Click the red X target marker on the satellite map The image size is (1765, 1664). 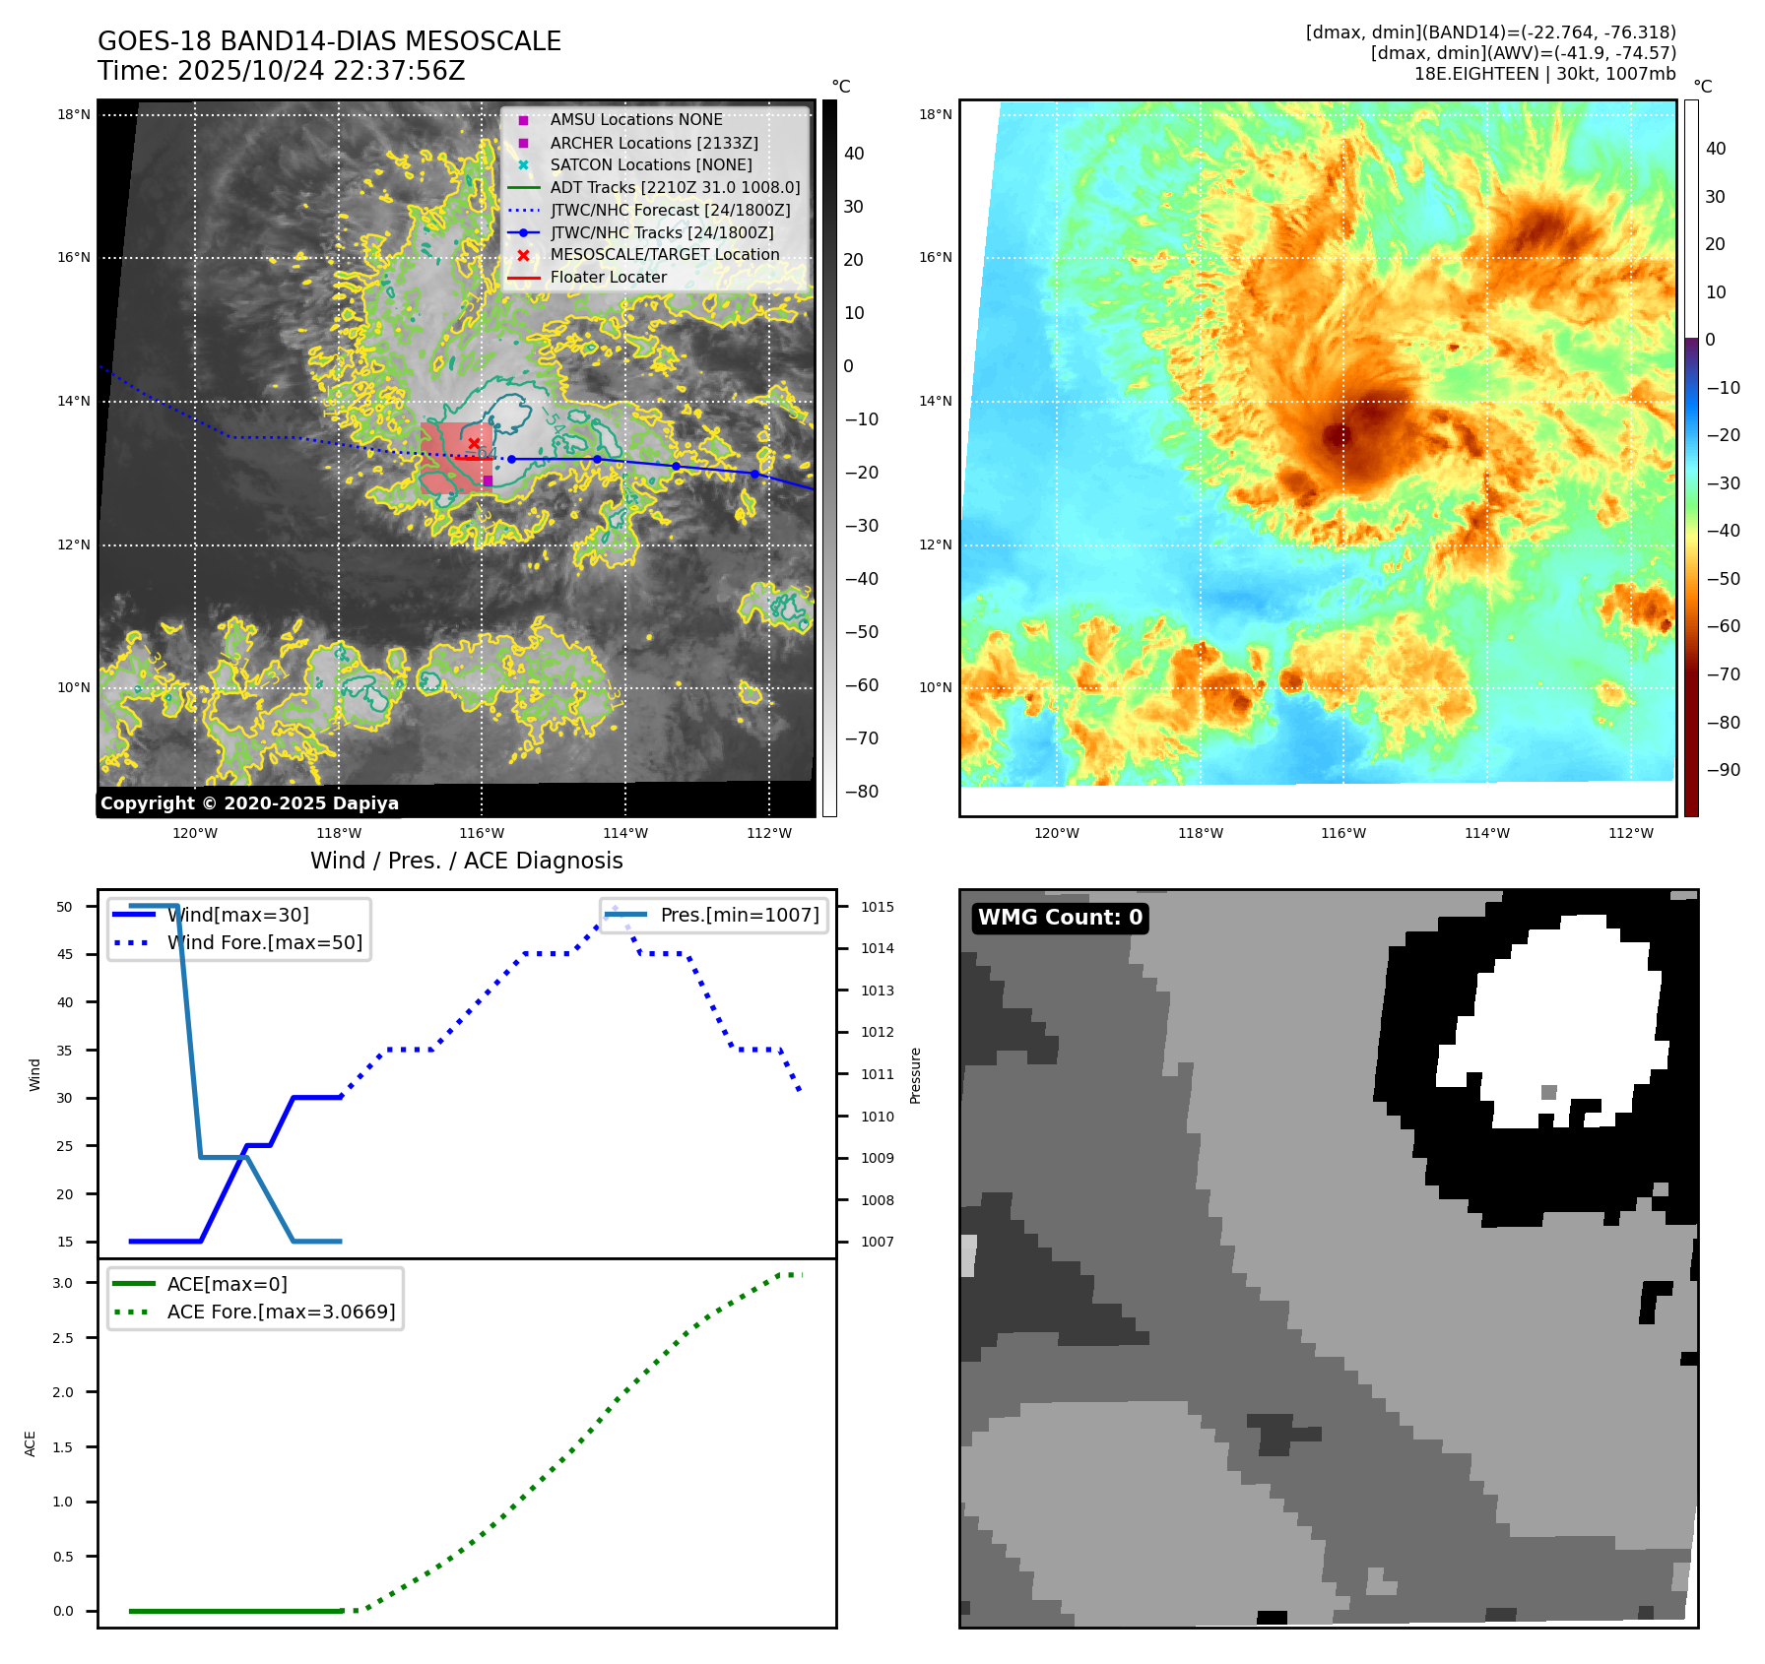coord(474,444)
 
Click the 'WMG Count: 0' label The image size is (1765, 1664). coord(1060,918)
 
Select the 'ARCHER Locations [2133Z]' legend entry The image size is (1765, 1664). coord(653,143)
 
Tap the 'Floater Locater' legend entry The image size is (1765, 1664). coord(608,278)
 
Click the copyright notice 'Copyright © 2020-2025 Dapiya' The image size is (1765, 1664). coord(249,803)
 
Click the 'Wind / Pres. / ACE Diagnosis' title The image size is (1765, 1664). coord(466,861)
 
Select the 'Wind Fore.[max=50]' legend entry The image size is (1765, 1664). coord(264,942)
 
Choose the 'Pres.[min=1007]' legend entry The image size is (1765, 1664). coord(739,915)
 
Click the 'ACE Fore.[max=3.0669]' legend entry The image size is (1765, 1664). coord(281,1312)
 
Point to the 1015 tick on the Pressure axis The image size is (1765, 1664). coord(877,907)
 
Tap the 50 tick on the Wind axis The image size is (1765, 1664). coord(65,907)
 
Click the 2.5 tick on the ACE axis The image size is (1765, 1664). coord(63,1338)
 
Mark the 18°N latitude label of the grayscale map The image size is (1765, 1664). coord(74,115)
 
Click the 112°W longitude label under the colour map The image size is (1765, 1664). coord(1630,833)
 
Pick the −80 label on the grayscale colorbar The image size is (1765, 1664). coord(862,792)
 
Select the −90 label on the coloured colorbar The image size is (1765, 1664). coord(1723,770)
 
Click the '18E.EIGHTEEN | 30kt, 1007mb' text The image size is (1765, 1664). coord(1544,74)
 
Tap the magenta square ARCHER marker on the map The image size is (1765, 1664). coord(488,480)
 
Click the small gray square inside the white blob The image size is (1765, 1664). coord(1548,1092)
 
